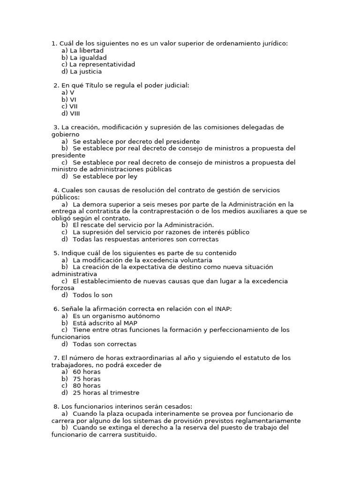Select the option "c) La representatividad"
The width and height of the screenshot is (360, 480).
click(98, 65)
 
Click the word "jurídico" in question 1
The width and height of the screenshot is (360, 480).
click(274, 44)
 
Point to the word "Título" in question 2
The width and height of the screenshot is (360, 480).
click(105, 85)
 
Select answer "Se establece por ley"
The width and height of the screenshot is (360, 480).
click(105, 177)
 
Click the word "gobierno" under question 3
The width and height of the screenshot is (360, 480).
click(65, 135)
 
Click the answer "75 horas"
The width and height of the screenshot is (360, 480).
click(86, 379)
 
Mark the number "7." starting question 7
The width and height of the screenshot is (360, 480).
click(57, 358)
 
